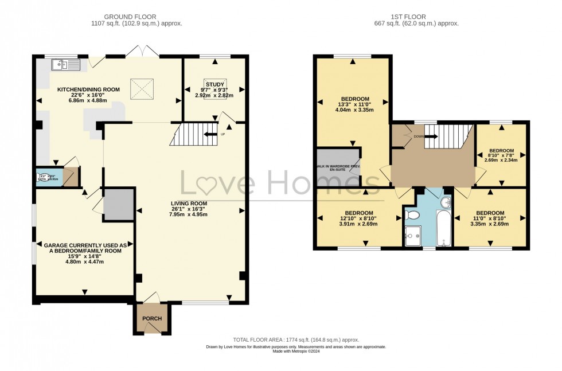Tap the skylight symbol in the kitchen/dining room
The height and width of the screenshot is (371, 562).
coord(140,88)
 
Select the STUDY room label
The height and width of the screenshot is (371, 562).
coord(215,84)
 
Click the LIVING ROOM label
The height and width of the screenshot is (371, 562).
coord(188,203)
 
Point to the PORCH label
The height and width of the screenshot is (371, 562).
coord(152,319)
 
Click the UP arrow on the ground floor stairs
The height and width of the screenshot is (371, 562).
coord(212,135)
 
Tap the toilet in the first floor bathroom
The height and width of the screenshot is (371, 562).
coord(412,215)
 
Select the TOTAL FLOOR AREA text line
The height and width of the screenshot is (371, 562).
coord(296,339)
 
